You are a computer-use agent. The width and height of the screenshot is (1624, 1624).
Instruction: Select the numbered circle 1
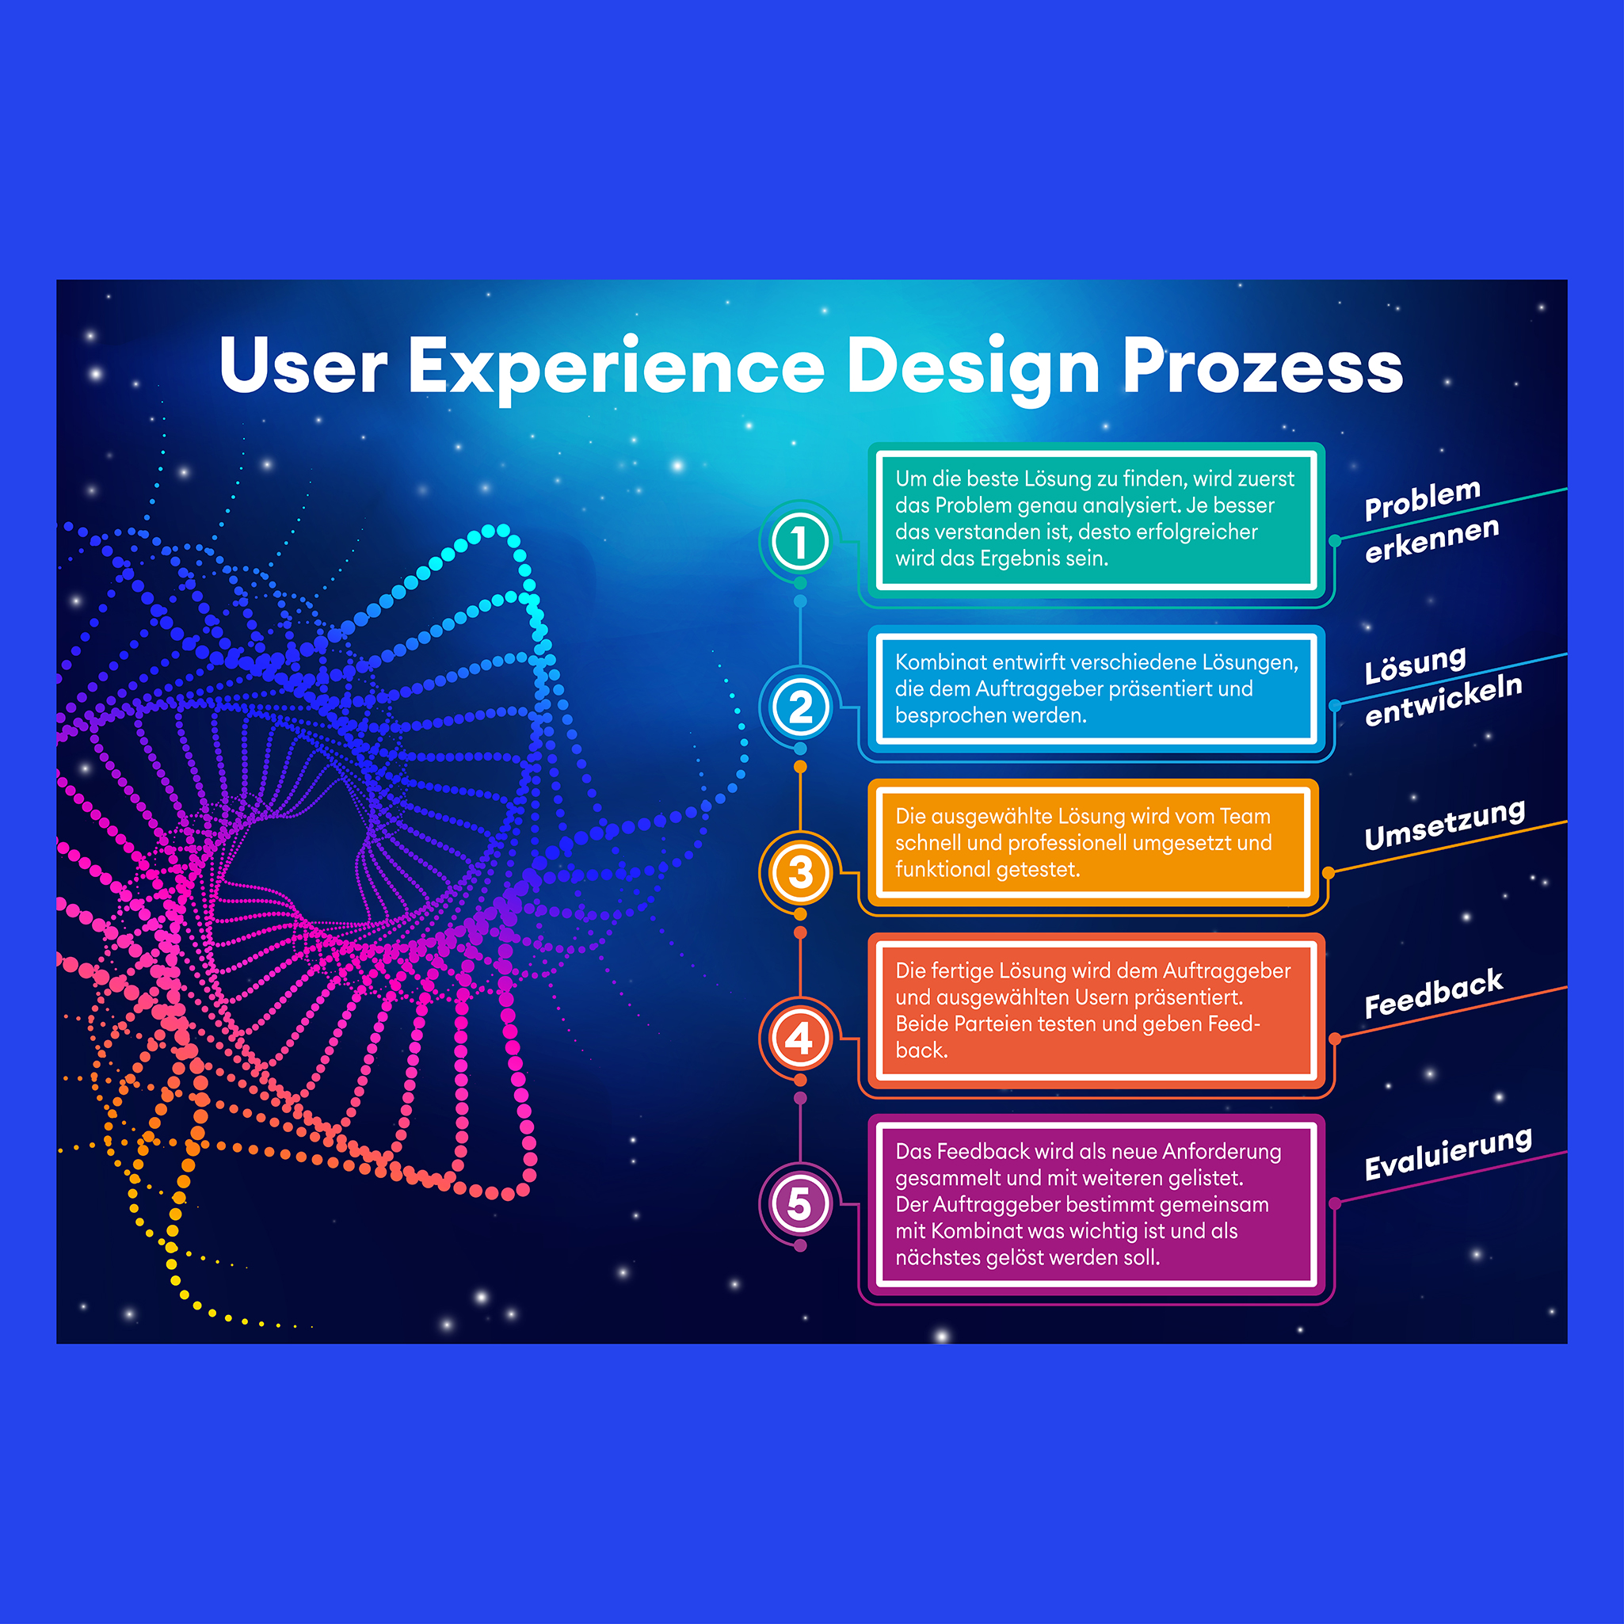(x=799, y=542)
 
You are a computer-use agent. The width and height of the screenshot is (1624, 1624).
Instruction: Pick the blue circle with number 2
(x=799, y=707)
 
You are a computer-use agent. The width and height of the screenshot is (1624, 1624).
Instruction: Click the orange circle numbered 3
(x=799, y=871)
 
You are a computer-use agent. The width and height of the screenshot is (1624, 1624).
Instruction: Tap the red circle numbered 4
(x=799, y=1038)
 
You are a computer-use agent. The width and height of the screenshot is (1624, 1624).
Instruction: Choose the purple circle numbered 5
(x=799, y=1203)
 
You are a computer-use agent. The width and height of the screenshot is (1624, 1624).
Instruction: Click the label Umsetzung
(x=1444, y=825)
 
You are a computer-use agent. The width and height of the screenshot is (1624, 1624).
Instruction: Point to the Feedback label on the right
(x=1433, y=993)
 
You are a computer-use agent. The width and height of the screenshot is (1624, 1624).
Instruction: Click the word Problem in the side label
(x=1422, y=499)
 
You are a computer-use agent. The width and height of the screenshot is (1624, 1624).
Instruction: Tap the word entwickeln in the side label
(x=1443, y=700)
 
